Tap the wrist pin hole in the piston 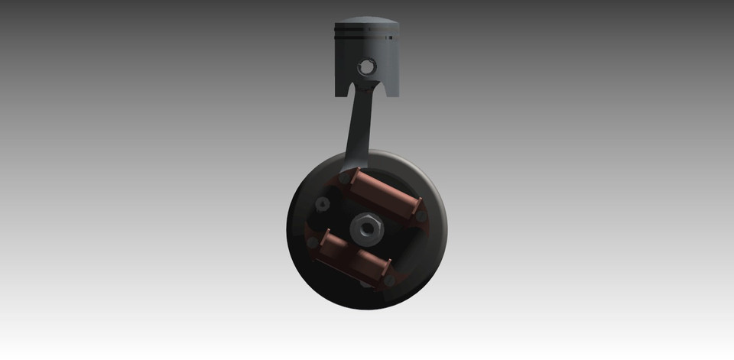(367, 66)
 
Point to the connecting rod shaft (357, 126)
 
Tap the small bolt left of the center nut (323, 203)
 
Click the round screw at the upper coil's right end (421, 216)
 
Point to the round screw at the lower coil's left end (312, 242)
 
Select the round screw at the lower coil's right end (389, 281)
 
